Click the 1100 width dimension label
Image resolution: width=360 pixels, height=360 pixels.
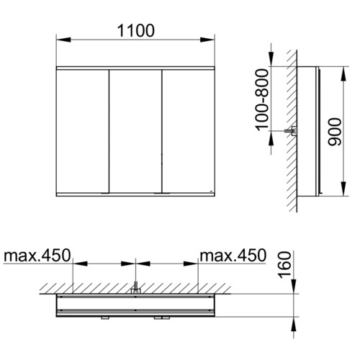coord(135,31)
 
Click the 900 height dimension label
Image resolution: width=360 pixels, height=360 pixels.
coord(335,132)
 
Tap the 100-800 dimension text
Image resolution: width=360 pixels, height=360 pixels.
coord(261,100)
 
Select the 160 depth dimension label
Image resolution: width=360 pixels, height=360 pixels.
coord(284,265)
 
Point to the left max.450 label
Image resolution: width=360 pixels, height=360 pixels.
coord(37,255)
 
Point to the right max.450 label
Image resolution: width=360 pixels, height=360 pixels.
coord(233,255)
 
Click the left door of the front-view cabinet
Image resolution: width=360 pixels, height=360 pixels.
coord(83,131)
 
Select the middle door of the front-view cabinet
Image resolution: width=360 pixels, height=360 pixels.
coord(135,131)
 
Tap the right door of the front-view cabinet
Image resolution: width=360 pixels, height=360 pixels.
coord(189,131)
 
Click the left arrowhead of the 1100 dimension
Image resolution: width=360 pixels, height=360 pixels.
coord(63,40)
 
